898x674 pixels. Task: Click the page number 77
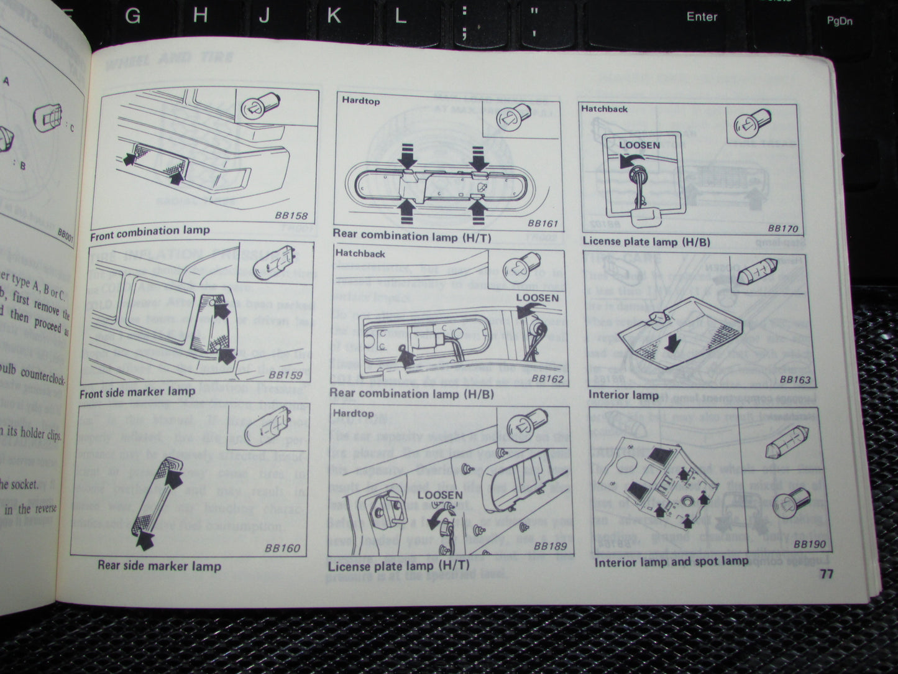point(825,573)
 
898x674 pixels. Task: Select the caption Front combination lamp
point(150,232)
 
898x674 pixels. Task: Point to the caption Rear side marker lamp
point(159,566)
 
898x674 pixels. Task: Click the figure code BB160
point(282,548)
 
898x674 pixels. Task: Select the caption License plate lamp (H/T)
point(390,566)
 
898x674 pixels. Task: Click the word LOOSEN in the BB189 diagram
point(440,495)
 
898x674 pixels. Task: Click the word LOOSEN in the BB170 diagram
point(639,145)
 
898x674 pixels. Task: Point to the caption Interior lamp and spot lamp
point(671,561)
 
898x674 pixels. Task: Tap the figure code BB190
point(810,544)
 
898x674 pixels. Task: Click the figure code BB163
point(795,379)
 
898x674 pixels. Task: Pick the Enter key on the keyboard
point(702,17)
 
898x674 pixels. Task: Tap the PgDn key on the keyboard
point(839,21)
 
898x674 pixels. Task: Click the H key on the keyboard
point(199,15)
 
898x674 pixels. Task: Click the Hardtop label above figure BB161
point(360,100)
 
